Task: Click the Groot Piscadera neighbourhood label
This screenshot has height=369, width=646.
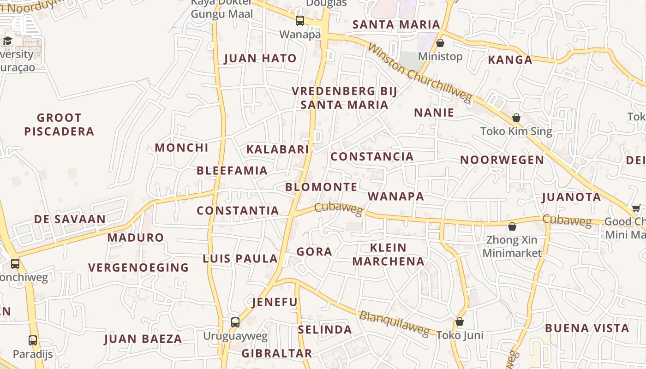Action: (59, 125)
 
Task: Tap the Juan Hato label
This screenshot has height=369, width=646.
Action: (260, 59)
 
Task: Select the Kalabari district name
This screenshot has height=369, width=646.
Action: (277, 149)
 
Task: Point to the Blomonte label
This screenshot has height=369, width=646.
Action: (321, 187)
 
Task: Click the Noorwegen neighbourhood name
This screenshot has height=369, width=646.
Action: (502, 160)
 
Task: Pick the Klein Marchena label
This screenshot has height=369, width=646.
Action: (388, 255)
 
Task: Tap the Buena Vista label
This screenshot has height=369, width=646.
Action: (587, 328)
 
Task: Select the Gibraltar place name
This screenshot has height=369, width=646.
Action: (277, 354)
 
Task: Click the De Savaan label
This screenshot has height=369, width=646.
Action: (70, 219)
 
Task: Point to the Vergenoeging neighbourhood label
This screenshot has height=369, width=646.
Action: (138, 268)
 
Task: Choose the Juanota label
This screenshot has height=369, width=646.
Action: (571, 197)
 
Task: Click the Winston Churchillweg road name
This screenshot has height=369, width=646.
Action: (420, 73)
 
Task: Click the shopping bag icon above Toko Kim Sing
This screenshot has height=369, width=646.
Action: (516, 118)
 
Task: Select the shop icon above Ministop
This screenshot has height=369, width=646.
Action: (440, 43)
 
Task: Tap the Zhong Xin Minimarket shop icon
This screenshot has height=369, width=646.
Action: (512, 226)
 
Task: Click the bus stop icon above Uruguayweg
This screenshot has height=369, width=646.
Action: (235, 322)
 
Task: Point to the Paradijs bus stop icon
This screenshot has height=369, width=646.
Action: (33, 340)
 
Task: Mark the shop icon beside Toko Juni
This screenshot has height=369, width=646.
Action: (460, 321)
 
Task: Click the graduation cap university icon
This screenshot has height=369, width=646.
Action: (7, 41)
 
